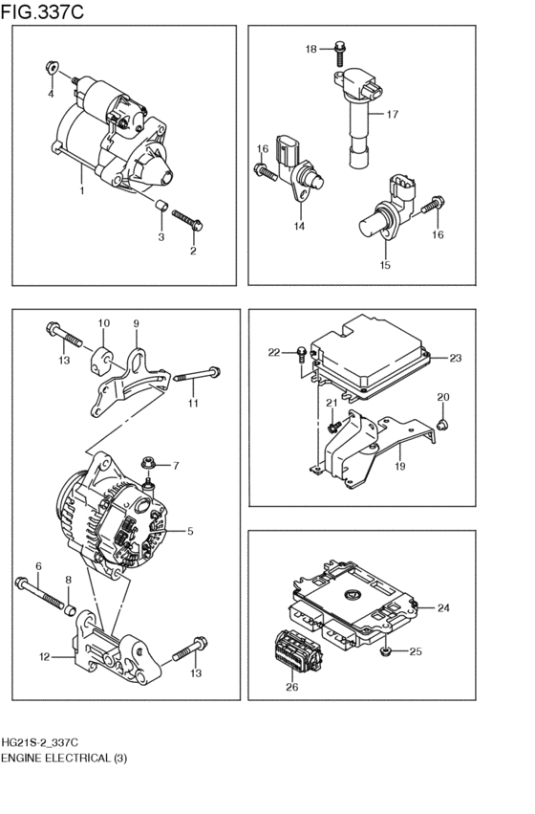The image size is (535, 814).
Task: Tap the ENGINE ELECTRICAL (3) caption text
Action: coord(63,758)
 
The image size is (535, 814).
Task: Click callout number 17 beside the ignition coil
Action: coord(392,115)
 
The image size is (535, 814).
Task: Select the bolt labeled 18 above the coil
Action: coord(340,48)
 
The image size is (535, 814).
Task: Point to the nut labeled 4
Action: coord(52,69)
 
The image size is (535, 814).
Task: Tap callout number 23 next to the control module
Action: coord(455,358)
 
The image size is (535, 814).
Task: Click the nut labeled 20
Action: coord(442,422)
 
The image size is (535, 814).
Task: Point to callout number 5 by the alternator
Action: coord(190,531)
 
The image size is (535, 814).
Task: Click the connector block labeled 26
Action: coord(294,651)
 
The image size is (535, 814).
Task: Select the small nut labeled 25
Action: coord(384,651)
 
